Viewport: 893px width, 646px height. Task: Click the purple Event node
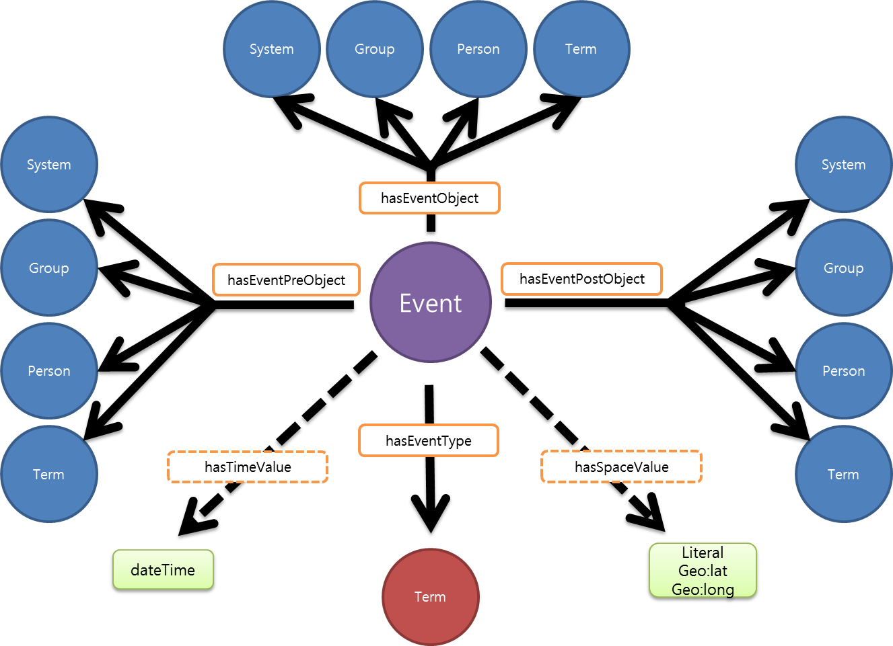coord(431,302)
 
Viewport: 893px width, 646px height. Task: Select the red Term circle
coord(430,597)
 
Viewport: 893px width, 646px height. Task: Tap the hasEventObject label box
coord(429,198)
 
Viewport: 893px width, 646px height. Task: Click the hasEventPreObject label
coord(286,280)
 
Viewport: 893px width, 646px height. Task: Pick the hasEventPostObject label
coord(581,279)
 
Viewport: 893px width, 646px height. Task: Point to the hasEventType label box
coord(429,441)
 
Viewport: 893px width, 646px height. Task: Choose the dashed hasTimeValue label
coord(248,467)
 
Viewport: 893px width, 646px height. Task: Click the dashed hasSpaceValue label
coord(621,467)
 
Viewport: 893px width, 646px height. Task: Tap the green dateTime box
coord(163,570)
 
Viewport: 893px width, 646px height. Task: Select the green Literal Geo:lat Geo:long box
coord(703,571)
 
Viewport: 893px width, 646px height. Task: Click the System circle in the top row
coord(271,49)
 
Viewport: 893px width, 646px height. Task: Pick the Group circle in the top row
coord(375,49)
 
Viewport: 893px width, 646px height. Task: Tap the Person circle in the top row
coord(478,49)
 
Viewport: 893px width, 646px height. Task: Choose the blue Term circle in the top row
coord(581,49)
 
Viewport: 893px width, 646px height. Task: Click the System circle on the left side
coord(49,165)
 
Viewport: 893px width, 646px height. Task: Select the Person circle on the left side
coord(49,371)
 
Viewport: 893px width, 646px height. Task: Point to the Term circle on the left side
coord(49,475)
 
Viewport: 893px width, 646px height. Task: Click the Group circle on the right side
coord(843,268)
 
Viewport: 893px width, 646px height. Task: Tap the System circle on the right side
coord(843,165)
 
